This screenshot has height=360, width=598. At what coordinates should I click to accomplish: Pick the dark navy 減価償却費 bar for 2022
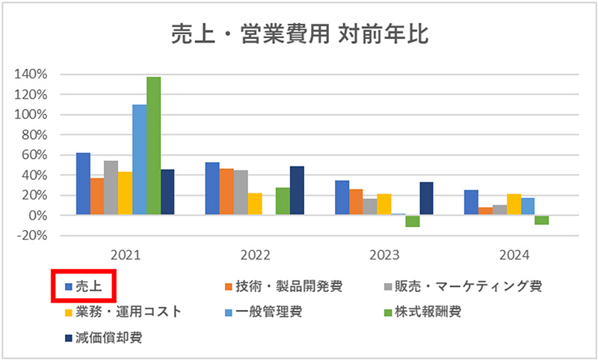297,190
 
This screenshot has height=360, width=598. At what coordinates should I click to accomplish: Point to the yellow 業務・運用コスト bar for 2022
255,204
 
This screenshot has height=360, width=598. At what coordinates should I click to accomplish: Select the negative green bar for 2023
413,220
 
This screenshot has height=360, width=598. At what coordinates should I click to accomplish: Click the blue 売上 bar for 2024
471,202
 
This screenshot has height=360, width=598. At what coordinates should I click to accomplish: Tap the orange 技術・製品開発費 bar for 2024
485,211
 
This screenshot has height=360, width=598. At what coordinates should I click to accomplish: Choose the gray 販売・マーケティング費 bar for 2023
370,207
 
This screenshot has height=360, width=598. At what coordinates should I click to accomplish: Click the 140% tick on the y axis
30,75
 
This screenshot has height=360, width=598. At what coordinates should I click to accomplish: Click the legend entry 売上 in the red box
88,287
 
